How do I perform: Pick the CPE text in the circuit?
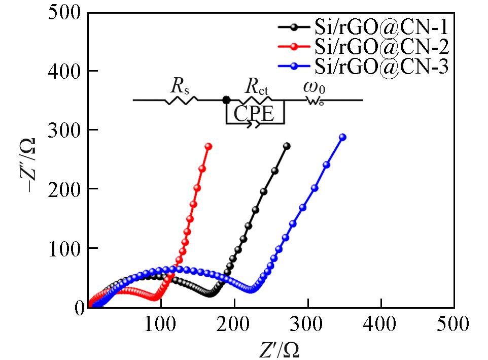click(x=254, y=115)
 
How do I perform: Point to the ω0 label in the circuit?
click(x=315, y=87)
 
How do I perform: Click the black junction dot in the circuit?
click(x=226, y=100)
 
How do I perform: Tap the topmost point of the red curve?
click(x=207, y=146)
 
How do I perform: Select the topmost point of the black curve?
click(x=287, y=146)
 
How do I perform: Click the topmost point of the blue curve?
click(x=342, y=138)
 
